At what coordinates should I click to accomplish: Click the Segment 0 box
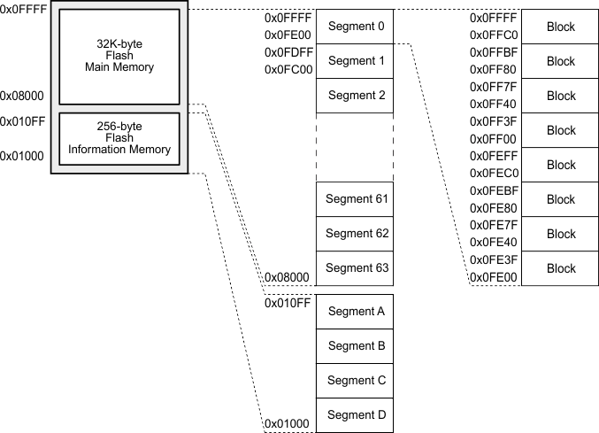point(356,27)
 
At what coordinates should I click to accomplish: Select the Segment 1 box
point(356,61)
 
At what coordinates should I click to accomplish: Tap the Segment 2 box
point(356,96)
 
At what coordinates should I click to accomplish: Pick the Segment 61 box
point(356,198)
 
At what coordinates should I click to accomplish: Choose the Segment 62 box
point(356,233)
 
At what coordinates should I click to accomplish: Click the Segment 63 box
point(356,267)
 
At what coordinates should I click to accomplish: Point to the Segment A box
point(356,311)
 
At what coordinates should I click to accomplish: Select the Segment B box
point(356,345)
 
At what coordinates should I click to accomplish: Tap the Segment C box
point(356,380)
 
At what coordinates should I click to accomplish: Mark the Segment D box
point(356,414)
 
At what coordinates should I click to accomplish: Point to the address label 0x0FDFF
point(287,52)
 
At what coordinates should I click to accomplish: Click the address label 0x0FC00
point(287,69)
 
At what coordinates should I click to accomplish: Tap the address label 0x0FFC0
point(493,35)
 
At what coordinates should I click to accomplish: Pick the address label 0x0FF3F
point(493,121)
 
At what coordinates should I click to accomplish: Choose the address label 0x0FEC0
point(493,173)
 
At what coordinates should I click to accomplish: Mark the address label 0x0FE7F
point(493,225)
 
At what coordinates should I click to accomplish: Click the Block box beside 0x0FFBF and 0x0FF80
point(560,61)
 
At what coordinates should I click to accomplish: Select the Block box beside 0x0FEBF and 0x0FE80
point(560,199)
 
